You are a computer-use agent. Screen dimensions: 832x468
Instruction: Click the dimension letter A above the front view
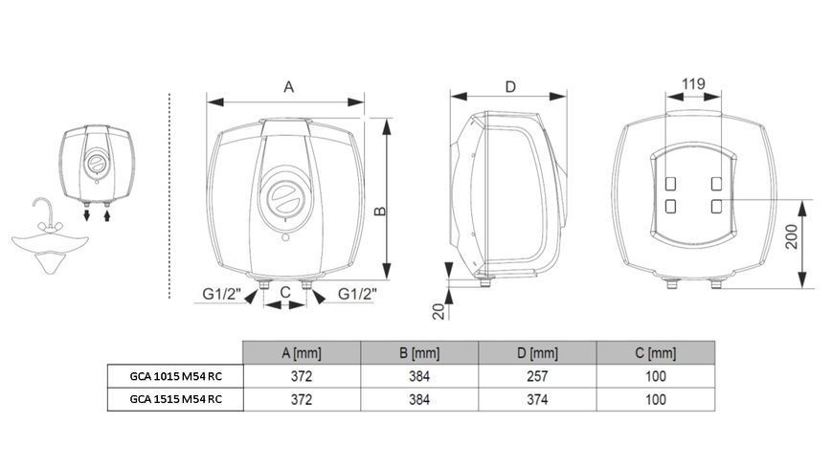288,86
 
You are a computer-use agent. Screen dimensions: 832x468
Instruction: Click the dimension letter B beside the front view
380,211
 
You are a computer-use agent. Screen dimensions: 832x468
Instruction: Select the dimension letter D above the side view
510,86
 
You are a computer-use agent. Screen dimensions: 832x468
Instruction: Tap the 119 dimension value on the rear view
693,84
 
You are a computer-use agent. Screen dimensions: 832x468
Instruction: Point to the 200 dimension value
791,236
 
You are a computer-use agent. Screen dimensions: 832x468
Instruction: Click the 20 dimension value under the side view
438,311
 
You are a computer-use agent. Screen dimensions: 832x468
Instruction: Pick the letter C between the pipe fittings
285,292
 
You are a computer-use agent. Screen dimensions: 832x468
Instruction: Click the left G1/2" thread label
222,294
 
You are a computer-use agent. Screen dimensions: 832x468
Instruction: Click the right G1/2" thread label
357,294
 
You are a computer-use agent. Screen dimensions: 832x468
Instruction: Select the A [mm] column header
302,353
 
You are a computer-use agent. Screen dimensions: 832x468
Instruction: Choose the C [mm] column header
655,353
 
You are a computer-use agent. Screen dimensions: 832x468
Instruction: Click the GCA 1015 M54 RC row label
175,376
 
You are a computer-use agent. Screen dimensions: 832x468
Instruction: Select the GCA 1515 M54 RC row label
175,399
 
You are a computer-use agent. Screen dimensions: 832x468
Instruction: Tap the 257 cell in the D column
537,376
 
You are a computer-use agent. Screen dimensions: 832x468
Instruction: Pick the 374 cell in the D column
537,399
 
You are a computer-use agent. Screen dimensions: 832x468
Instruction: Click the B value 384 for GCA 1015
419,376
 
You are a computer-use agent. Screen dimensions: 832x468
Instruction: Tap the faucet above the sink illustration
46,215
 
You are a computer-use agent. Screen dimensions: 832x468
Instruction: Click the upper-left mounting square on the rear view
671,184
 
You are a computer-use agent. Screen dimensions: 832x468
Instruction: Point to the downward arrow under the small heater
86,215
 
